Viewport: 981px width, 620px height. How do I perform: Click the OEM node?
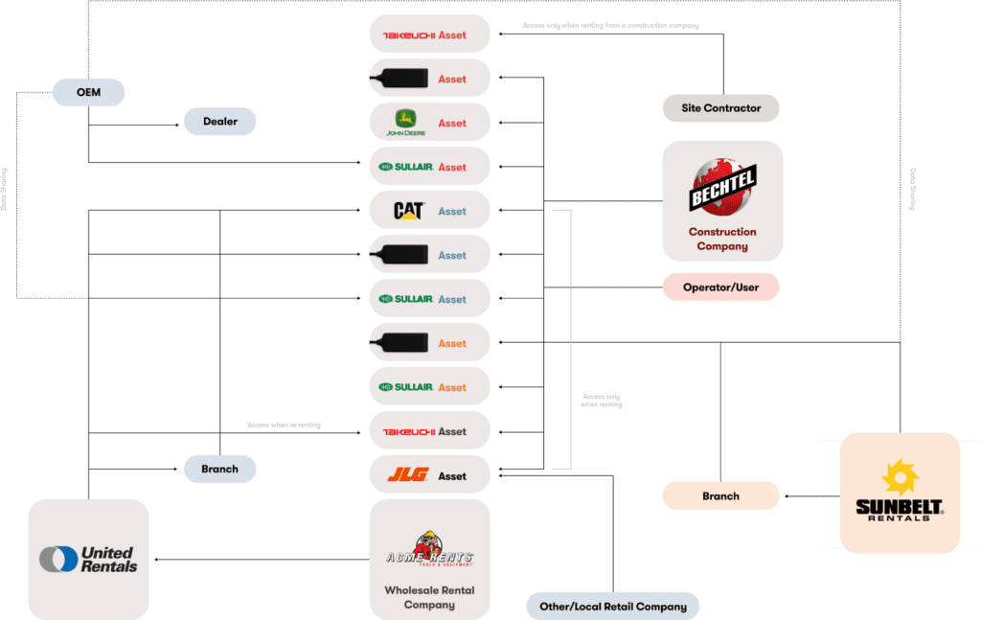pos(88,92)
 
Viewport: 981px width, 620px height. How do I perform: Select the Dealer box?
pos(220,122)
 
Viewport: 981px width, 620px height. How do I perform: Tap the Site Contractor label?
pos(720,108)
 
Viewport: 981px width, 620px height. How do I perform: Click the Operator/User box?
pos(720,287)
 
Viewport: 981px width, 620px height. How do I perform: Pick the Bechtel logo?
pos(722,186)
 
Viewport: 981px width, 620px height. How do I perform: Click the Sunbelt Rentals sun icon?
pos(900,476)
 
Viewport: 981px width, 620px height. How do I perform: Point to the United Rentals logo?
pos(88,559)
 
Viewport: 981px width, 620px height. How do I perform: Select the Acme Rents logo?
pos(429,550)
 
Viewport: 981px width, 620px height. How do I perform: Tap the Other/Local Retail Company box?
pos(612,606)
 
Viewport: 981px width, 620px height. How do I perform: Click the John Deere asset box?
pos(429,123)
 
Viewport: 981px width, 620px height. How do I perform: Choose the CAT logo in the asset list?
pos(409,211)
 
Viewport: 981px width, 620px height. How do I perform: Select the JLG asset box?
pos(429,475)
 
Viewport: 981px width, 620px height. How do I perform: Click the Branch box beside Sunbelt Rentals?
pos(720,495)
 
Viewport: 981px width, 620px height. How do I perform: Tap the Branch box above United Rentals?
pos(220,470)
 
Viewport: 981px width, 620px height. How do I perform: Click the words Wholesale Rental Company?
pos(429,597)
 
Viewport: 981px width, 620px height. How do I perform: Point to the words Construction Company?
pos(722,239)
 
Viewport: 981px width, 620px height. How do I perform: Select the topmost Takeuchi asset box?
pos(429,34)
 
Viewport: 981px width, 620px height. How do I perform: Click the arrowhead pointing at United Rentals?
pos(156,560)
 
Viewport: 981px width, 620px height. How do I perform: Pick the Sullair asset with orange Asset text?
pos(429,387)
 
